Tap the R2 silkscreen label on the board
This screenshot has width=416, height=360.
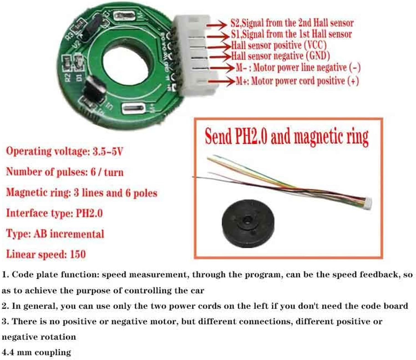tap(68, 78)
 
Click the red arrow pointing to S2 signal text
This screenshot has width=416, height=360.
tap(216, 25)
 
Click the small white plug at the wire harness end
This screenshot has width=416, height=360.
tap(368, 203)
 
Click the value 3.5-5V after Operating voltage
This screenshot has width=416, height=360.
tap(108, 151)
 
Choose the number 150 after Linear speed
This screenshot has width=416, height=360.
tap(78, 254)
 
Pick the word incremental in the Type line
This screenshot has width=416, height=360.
tap(77, 234)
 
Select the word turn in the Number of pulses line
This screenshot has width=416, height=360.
tap(114, 173)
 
